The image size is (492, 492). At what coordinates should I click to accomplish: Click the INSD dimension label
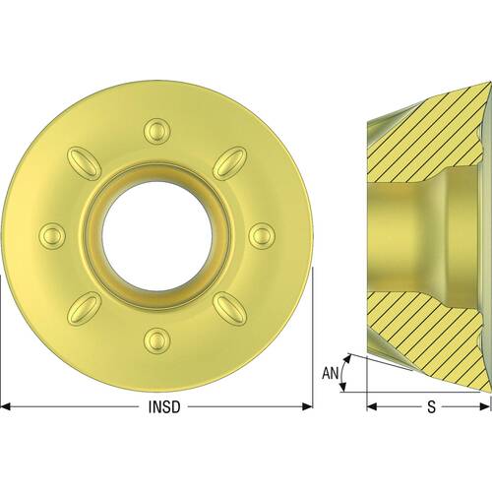coord(164,407)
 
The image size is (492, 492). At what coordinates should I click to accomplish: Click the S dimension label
coord(431,407)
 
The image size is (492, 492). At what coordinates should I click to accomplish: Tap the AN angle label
coord(331,373)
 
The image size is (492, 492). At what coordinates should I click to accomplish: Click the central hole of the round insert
coord(157,235)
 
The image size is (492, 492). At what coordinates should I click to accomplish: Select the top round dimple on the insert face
coord(157,132)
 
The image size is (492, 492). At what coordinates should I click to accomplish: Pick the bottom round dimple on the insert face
coord(157,340)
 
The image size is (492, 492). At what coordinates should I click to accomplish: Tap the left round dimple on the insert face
coord(52,235)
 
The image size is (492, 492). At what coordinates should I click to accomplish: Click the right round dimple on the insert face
coord(262,235)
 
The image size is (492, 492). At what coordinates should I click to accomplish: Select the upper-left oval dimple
coord(84,162)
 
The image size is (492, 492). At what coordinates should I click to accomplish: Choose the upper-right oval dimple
coord(230,162)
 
